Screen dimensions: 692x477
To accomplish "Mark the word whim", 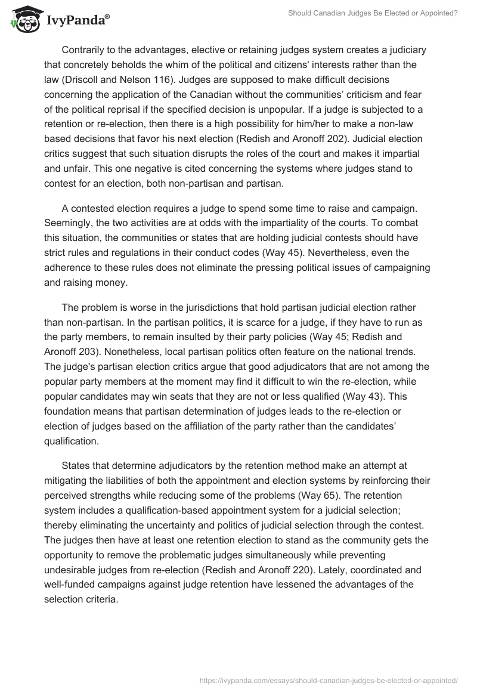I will pyautogui.click(x=166, y=64).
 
